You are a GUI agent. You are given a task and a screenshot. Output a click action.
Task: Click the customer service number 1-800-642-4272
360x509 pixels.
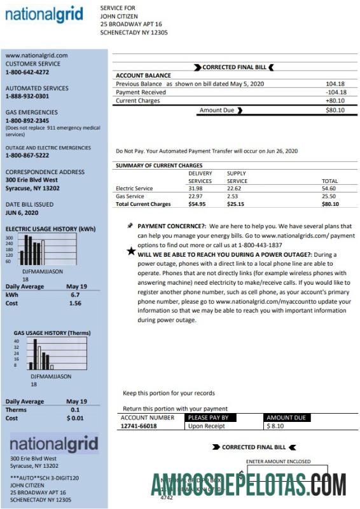tap(27, 72)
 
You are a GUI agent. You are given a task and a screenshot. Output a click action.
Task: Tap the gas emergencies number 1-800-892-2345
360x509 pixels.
tap(27, 121)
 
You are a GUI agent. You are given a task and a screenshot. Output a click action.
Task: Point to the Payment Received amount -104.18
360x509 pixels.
tap(333, 92)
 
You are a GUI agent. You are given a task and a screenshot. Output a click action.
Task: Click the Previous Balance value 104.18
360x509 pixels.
tap(335, 84)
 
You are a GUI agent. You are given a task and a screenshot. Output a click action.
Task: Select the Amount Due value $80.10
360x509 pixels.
tap(334, 110)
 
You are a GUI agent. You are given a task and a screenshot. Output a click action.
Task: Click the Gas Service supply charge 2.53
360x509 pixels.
tap(235, 196)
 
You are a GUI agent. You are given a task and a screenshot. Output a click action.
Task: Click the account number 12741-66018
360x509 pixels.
tap(139, 426)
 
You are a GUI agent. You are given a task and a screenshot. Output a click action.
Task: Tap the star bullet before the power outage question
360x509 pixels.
tap(131, 252)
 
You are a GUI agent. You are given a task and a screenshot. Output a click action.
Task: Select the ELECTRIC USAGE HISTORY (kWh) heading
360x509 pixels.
tap(50, 229)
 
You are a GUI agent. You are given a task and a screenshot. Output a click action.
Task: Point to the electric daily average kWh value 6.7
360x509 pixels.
tap(75, 295)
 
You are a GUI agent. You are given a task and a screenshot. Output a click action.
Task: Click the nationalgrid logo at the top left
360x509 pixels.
tap(44, 14)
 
